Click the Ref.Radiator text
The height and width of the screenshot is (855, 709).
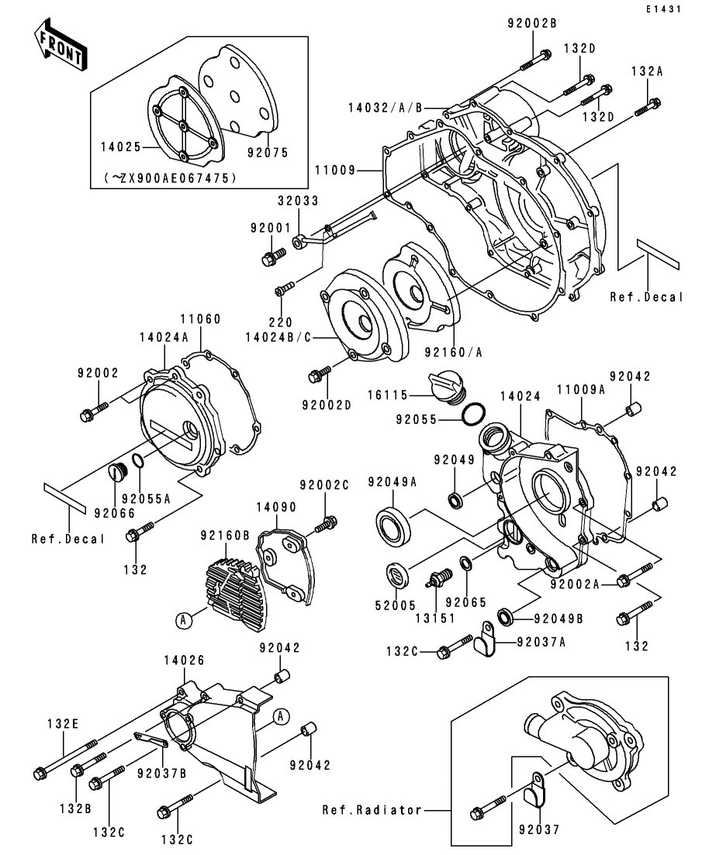coord(372,810)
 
